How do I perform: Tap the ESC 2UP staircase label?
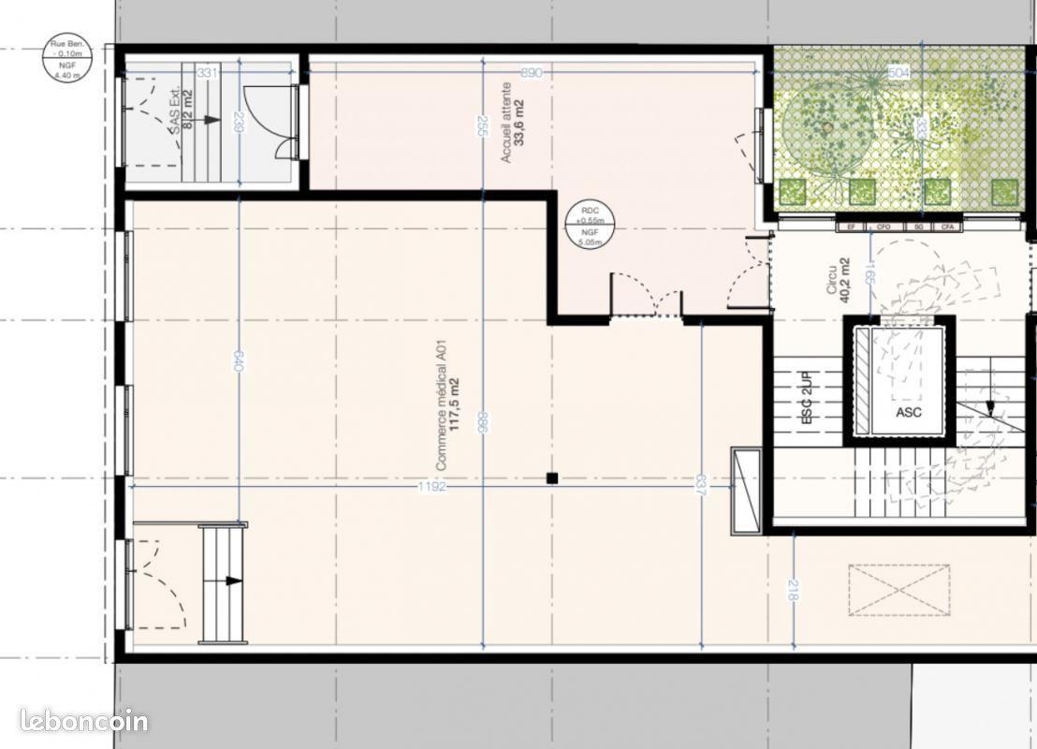pos(810,399)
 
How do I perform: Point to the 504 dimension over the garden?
pos(898,72)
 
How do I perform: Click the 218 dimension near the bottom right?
pos(794,590)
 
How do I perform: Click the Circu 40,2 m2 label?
pos(839,277)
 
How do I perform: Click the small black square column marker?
pos(552,478)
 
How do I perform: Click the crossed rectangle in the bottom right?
pos(898,590)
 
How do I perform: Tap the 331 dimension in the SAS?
pos(208,72)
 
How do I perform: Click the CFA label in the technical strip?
pos(947,227)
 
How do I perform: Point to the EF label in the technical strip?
pos(851,227)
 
